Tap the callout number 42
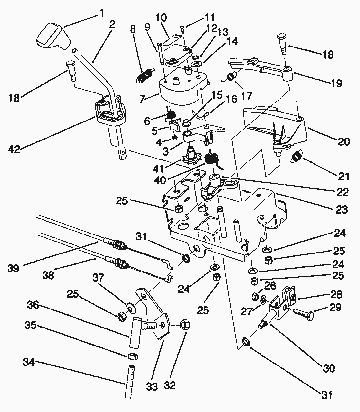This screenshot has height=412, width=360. point(14,149)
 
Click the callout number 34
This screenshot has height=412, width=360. point(30,363)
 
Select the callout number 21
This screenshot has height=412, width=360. point(343,176)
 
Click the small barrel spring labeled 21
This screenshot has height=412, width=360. point(297,157)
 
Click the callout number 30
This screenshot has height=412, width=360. point(329,368)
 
